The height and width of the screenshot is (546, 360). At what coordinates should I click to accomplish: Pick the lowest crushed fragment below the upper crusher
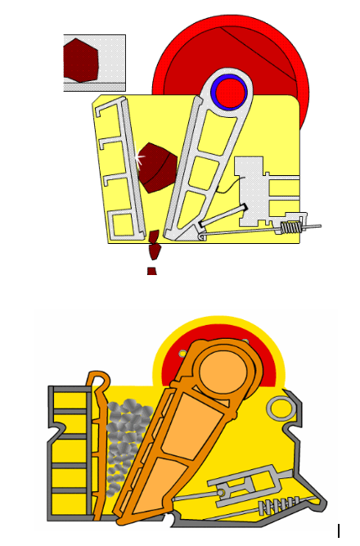pyautogui.click(x=151, y=270)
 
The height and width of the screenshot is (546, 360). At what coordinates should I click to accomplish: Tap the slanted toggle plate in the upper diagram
pyautogui.click(x=222, y=218)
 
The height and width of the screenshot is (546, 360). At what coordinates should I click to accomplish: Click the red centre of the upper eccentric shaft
pyautogui.click(x=228, y=93)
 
